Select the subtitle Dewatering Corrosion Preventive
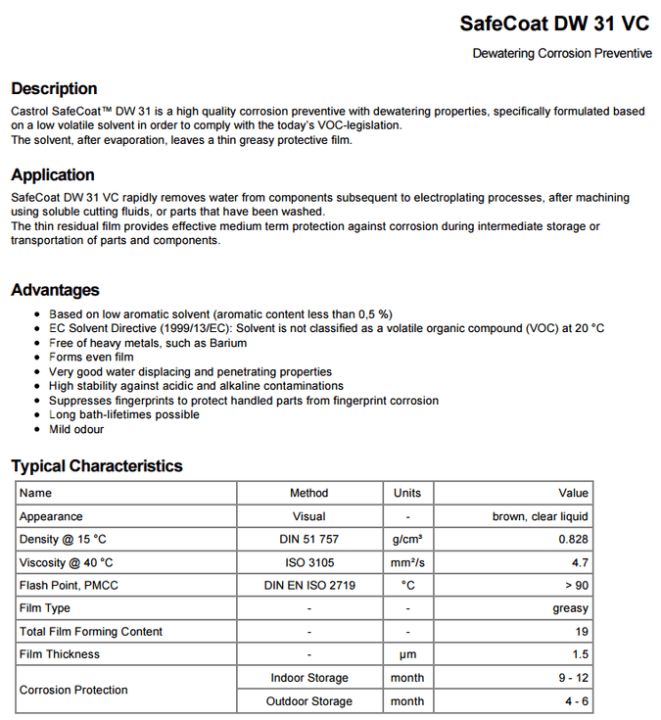point(562,53)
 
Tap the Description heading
point(54,89)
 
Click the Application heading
point(53,175)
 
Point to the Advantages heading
point(55,290)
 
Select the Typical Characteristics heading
point(97,466)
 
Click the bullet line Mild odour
point(76,429)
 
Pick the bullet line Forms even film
point(91,358)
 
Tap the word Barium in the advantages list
point(227,343)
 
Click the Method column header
point(308,493)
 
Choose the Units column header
point(407,493)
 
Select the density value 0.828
point(573,540)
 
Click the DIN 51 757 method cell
point(308,540)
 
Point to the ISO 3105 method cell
point(308,562)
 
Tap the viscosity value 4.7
point(580,562)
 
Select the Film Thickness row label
point(60,654)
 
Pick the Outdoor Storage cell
point(309,701)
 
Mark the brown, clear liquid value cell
point(540,516)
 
